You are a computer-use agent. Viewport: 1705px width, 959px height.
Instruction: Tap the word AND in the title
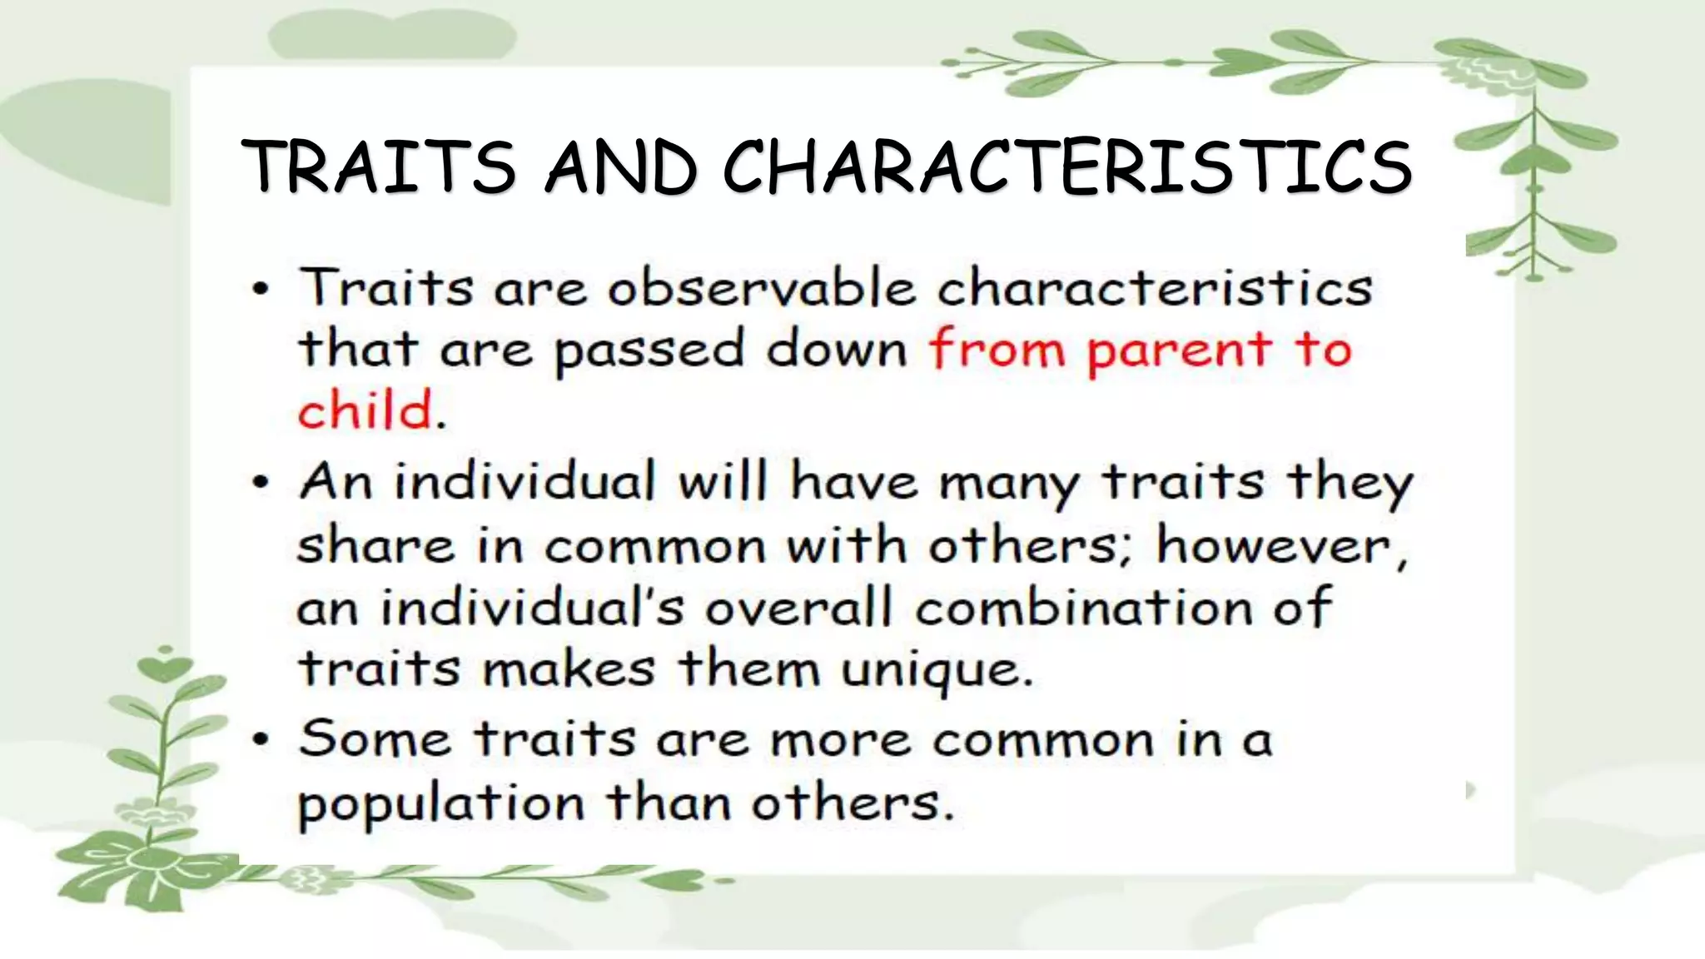click(620, 166)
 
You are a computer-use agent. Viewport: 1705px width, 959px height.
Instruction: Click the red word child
click(366, 410)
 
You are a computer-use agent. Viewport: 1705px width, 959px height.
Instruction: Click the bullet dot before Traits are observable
click(261, 291)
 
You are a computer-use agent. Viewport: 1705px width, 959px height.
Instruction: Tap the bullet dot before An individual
click(261, 484)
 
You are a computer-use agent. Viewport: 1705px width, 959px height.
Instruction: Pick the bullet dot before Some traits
click(261, 739)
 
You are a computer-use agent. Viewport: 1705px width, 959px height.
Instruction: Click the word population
click(442, 805)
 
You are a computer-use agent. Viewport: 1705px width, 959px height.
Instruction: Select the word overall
click(799, 608)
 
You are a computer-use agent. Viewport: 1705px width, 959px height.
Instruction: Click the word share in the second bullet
click(375, 547)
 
